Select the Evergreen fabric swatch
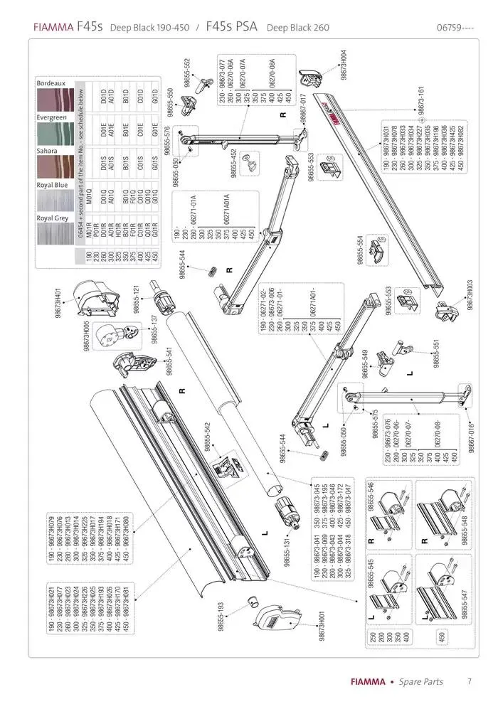point(54,132)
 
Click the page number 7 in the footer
point(470,681)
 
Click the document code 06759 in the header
point(453,28)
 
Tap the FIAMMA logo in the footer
point(367,681)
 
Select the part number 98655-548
point(465,528)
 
